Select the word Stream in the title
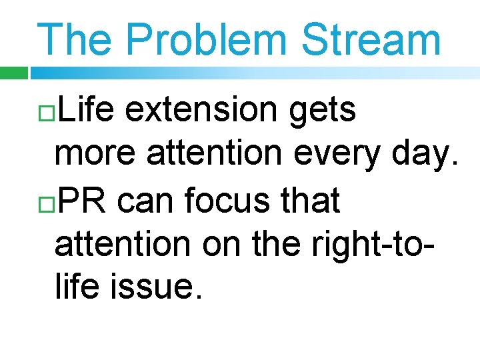[x=371, y=39]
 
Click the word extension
[x=203, y=111]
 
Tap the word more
[x=96, y=155]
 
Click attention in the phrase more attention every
[x=213, y=155]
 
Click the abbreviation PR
[x=79, y=200]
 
